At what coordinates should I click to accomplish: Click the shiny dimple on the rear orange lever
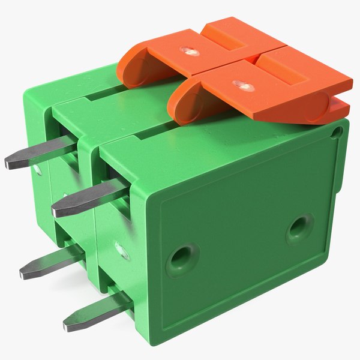193,52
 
